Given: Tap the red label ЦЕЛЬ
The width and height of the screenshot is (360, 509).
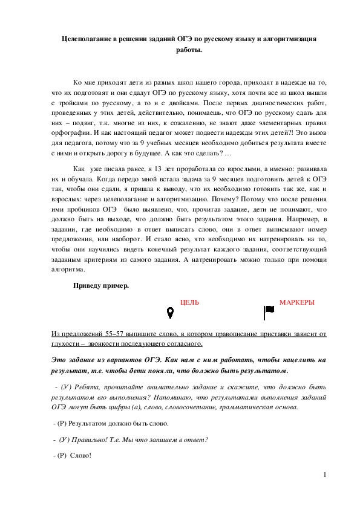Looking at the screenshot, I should click(x=189, y=302).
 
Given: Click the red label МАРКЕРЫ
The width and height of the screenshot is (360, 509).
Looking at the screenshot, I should click(x=296, y=302).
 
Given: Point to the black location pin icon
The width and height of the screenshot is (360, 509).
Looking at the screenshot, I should click(x=171, y=313).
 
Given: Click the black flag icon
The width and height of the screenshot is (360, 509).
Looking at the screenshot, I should click(x=269, y=312).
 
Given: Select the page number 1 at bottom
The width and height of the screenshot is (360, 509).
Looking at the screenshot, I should click(x=325, y=475).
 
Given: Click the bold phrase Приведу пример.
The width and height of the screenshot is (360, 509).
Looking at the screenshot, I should click(x=100, y=285).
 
